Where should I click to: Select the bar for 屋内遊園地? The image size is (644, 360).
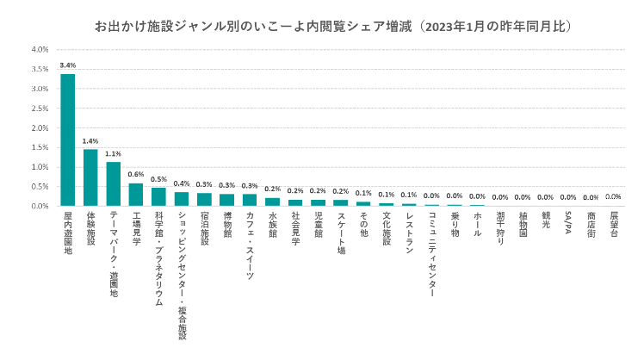coord(67,140)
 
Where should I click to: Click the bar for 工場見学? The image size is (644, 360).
coord(136,195)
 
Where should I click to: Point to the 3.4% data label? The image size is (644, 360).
coord(67,65)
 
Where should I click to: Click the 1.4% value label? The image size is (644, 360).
coord(90,141)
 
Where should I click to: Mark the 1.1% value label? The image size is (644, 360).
coord(113,153)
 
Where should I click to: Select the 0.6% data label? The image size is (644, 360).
coord(136,175)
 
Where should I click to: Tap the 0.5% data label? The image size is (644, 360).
coord(158,179)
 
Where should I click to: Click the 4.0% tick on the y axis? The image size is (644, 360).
coord(39,49)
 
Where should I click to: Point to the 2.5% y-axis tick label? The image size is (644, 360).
coord(39,109)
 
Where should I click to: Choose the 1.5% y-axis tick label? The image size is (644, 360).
coord(39,147)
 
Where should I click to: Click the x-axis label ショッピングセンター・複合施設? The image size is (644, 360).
coord(182,276)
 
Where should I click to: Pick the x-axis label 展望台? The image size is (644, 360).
coord(614,227)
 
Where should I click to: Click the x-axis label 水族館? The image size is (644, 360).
coord(272,227)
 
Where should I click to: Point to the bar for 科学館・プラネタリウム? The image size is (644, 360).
coord(158,197)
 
